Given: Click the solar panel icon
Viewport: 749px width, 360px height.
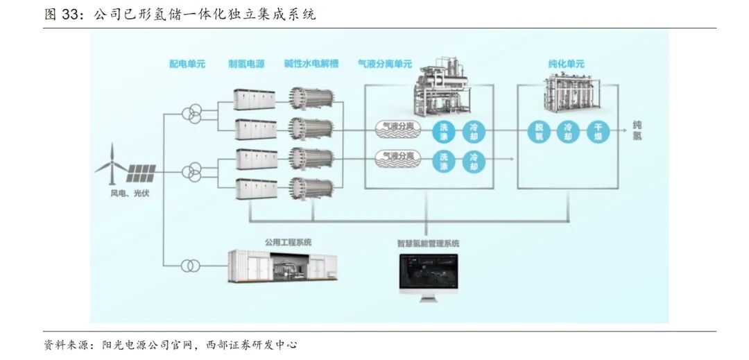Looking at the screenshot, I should pyautogui.click(x=141, y=169).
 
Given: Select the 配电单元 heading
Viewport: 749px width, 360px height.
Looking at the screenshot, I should pyautogui.click(x=187, y=65).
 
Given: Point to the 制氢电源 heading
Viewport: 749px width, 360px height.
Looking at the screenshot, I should pyautogui.click(x=246, y=65).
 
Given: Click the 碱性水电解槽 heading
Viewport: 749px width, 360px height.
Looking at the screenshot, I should pyautogui.click(x=311, y=65).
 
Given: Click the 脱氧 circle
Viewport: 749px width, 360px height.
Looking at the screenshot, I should pyautogui.click(x=539, y=131).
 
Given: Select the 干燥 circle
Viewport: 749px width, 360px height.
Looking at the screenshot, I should pyautogui.click(x=597, y=131).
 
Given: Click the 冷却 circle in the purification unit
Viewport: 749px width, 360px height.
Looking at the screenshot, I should pyautogui.click(x=568, y=131).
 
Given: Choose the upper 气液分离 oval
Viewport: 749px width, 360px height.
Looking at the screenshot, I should pyautogui.click(x=393, y=128).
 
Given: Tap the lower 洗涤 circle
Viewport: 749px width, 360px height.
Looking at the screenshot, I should pyautogui.click(x=444, y=162).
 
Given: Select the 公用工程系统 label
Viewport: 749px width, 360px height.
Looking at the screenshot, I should pyautogui.click(x=288, y=242).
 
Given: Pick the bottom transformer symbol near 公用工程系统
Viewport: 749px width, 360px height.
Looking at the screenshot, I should pyautogui.click(x=190, y=266).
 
